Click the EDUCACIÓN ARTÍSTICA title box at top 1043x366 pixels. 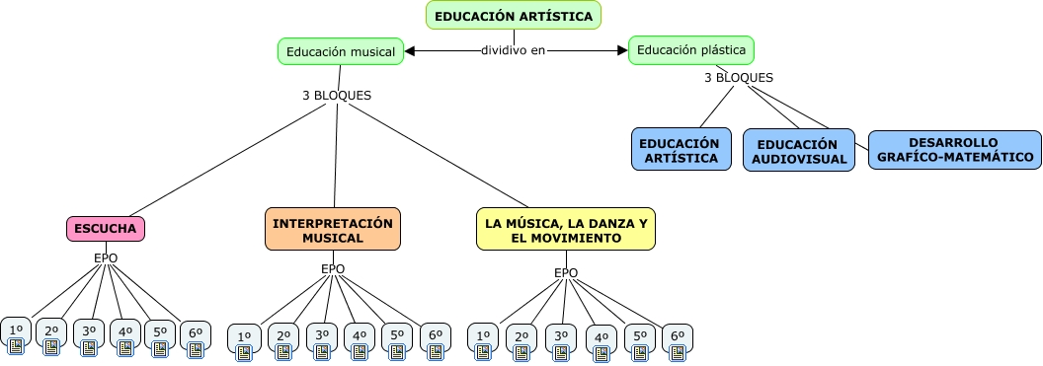pos(514,16)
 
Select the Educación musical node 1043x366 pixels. pos(341,51)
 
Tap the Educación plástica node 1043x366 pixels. pos(691,49)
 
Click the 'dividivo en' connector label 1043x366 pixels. pos(513,50)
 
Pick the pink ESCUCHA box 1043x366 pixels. pos(106,229)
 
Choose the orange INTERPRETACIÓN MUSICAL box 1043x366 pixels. pos(333,230)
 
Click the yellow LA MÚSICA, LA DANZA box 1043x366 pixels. pos(566,230)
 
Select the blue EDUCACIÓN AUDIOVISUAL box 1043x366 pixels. pos(799,150)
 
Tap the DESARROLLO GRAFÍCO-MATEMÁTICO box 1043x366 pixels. pos(953,150)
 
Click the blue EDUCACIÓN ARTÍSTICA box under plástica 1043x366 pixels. pos(681,150)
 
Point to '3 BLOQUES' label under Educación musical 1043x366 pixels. pos(337,96)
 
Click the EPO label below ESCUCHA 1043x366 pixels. pos(106,258)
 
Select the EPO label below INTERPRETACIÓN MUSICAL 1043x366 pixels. pos(333,268)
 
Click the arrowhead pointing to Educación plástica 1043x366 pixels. pos(621,50)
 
